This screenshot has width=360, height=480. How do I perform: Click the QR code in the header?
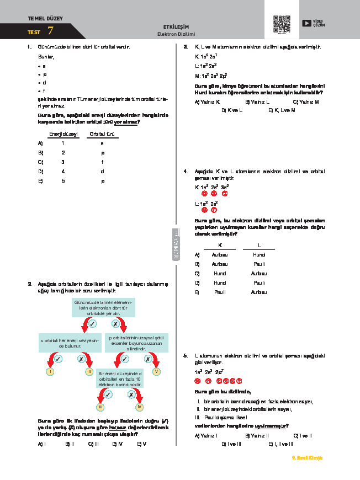coord(282,24)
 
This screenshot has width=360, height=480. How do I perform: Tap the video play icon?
coord(307,23)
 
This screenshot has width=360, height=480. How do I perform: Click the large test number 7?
coord(51,31)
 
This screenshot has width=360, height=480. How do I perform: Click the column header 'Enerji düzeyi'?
coord(63,134)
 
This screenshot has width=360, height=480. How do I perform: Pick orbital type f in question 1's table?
coord(102,162)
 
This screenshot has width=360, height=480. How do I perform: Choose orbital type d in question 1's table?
coord(102,171)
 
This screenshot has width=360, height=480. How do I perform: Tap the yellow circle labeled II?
coord(89,372)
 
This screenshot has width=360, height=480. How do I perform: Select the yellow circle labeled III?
coord(100,407)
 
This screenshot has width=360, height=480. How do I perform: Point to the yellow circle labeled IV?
coord(140,407)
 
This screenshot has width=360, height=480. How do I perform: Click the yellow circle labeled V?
coord(157,372)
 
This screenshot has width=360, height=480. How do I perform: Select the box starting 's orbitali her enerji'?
coord(69,343)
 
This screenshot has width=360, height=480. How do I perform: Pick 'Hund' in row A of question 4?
coord(258,254)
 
